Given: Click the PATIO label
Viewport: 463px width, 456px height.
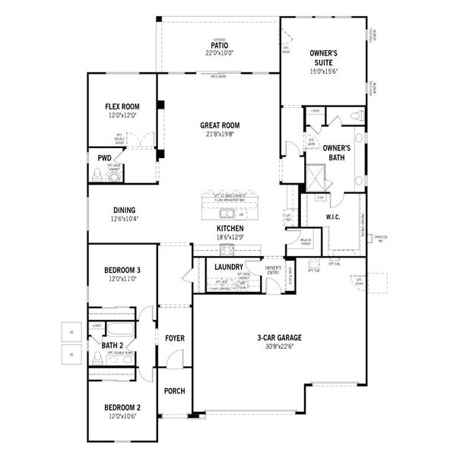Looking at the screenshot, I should [x=220, y=46].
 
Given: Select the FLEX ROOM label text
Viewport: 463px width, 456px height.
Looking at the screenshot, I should [x=122, y=106].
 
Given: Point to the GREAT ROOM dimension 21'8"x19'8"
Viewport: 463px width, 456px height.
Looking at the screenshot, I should [x=220, y=135].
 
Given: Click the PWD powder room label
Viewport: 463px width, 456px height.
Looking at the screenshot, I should [x=104, y=158].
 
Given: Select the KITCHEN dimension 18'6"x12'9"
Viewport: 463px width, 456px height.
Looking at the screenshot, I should [x=230, y=237].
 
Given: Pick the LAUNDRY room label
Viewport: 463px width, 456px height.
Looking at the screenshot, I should [x=229, y=267].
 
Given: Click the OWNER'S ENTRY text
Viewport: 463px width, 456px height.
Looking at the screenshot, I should [x=273, y=270].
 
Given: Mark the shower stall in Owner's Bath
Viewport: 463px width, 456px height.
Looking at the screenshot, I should [x=316, y=176].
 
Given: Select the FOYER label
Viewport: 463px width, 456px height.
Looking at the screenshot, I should [x=175, y=337].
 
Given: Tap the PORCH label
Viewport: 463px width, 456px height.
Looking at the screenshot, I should [x=175, y=391].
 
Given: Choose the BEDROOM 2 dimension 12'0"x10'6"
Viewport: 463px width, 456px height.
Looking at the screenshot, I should [x=122, y=416].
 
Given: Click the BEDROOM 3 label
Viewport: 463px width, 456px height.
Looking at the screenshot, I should [x=122, y=270].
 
